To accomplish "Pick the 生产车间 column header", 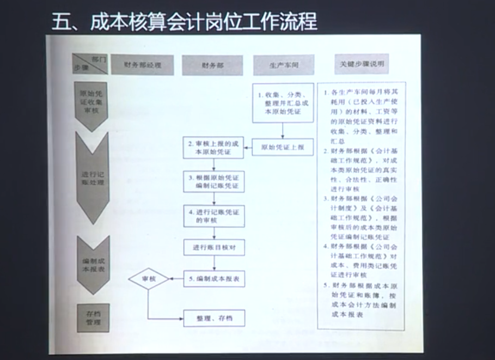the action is (283, 65).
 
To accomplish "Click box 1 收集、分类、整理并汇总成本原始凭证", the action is (283, 102).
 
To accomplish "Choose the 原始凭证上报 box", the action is (283, 148).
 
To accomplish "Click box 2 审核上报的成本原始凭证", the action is (214, 148).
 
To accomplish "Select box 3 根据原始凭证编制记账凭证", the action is (214, 182).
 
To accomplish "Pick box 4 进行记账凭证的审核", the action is (214, 216).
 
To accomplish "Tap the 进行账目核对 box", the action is (214, 248).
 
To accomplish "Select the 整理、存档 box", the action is (214, 318).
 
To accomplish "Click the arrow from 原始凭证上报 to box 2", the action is (248, 148).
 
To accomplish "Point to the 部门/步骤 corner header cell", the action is (90, 65).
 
